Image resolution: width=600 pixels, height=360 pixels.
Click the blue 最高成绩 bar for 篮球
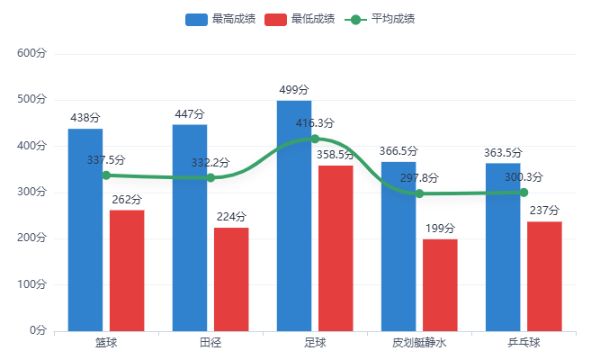coord(85,229)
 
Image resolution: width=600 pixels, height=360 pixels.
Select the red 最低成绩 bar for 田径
coord(231,279)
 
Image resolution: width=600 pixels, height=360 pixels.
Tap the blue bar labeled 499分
coord(294,216)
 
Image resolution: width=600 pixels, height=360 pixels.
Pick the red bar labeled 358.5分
coord(336,247)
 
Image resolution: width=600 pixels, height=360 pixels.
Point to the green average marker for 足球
coord(315,139)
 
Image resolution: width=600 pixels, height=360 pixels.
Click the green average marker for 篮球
coord(106,175)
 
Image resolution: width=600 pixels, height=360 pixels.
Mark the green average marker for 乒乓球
coord(524,192)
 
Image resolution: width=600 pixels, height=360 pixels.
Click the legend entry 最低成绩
coord(300,19)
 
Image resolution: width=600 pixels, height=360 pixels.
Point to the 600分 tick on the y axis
coord(31,54)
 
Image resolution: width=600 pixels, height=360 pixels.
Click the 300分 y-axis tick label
coord(31,192)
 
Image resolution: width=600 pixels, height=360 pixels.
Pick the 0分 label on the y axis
coord(37,330)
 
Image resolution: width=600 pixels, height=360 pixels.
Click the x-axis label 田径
coord(210,343)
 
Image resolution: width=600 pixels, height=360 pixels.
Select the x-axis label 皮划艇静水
coord(419,343)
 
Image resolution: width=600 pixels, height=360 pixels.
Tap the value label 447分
coord(190,114)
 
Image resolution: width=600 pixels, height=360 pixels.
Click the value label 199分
coord(440,229)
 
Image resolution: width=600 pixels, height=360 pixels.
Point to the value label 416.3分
coord(315,123)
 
